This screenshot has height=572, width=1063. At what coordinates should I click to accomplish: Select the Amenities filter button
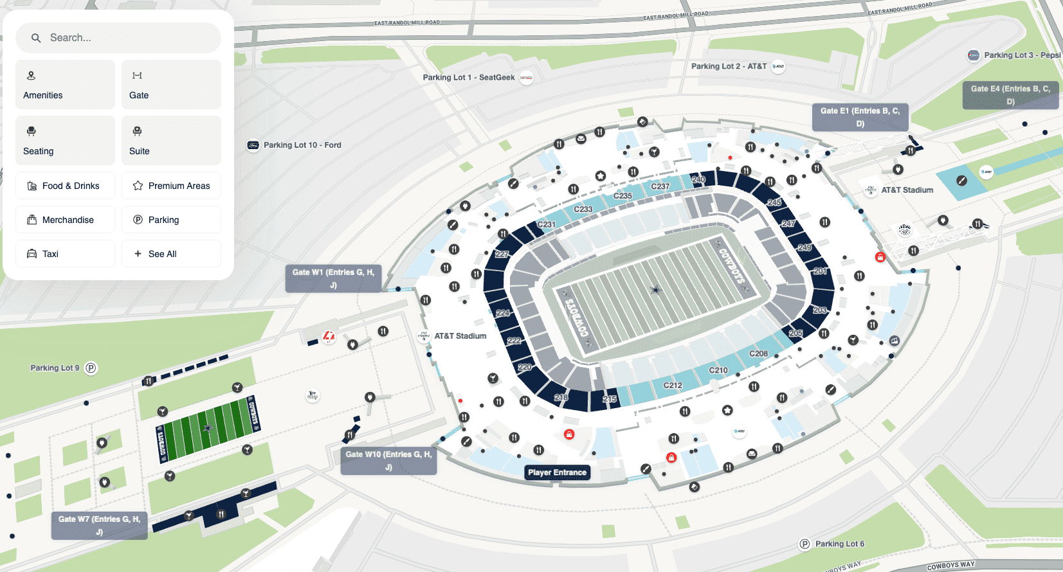[65, 85]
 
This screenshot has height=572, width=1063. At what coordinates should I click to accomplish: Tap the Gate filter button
[171, 85]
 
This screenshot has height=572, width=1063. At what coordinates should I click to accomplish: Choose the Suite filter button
[171, 141]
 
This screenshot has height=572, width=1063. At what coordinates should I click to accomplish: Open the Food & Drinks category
[65, 186]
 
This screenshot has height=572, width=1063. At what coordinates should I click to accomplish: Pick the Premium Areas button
[171, 186]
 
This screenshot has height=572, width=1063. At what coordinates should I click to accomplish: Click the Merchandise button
[65, 220]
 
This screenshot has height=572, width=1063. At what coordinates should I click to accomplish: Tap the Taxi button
[65, 254]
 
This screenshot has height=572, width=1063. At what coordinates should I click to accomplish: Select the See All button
[171, 254]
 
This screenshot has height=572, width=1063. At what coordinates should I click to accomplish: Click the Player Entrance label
[557, 472]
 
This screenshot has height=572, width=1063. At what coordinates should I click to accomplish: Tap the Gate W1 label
[333, 278]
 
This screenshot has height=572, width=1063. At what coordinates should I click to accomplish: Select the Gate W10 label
[388, 461]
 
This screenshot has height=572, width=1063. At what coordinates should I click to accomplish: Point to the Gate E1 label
[860, 117]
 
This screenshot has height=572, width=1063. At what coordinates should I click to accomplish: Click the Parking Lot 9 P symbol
[91, 368]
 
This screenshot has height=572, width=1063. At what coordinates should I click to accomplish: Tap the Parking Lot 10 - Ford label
[302, 145]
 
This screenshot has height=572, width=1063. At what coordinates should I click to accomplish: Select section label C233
[583, 210]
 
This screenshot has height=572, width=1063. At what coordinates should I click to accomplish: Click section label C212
[673, 386]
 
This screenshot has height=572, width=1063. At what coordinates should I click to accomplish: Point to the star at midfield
[655, 290]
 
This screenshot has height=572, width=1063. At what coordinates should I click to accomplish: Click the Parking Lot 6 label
[839, 544]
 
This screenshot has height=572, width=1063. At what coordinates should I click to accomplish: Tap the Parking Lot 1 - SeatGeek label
[469, 78]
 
